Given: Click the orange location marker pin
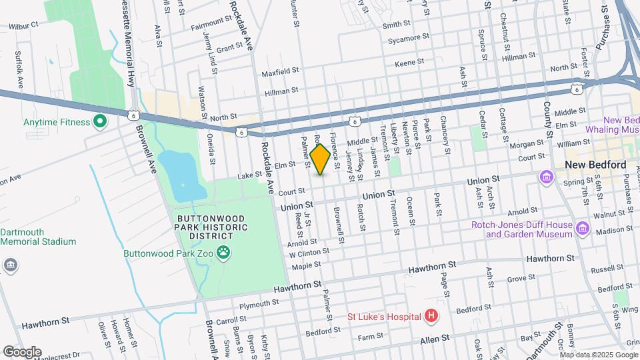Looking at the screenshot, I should pos(320,159).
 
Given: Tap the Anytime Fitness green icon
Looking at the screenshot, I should pos(100,121).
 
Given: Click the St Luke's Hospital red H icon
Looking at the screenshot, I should pos(431,315).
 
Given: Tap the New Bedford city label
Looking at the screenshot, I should pos(595,165).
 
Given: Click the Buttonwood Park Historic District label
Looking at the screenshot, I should pos(212,223).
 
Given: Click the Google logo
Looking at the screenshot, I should pos(21,352).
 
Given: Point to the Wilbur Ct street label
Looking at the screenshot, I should pos(24,25).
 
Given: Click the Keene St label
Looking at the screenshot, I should pos(409,62).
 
